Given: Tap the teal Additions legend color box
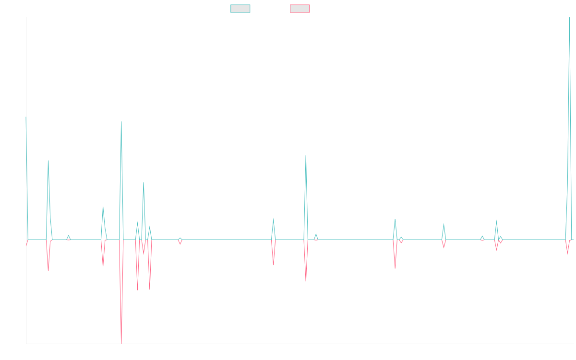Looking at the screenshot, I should pyautogui.click(x=240, y=9).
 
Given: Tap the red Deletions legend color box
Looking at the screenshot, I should pyautogui.click(x=300, y=9).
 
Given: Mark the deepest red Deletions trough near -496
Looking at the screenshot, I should pyautogui.click(x=121, y=343).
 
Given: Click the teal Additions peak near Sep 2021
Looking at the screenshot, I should pyautogui.click(x=121, y=121).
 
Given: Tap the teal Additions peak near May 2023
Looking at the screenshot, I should pyautogui.click(x=305, y=156).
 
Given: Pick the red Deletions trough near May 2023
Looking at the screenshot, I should pyautogui.click(x=305, y=281).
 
